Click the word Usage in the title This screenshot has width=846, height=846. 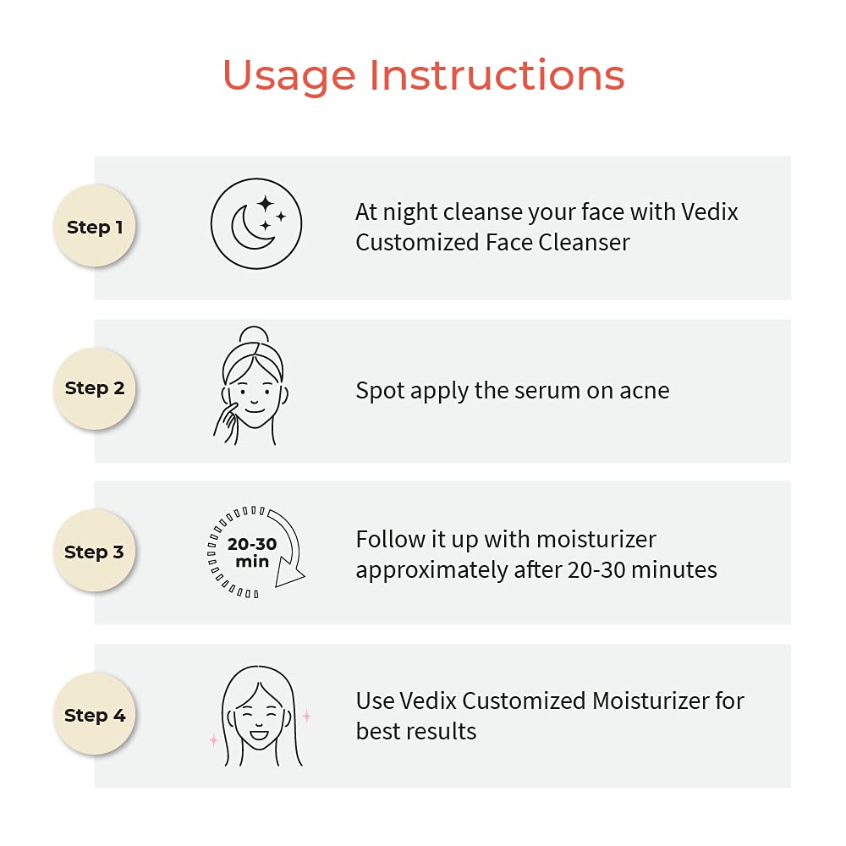(x=288, y=76)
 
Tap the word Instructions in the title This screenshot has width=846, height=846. (x=497, y=74)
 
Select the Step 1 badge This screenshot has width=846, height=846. (x=95, y=226)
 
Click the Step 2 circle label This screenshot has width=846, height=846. (x=95, y=388)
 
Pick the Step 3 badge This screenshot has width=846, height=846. (x=95, y=551)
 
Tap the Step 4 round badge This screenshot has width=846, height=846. (x=95, y=714)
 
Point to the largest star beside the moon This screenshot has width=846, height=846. (x=266, y=204)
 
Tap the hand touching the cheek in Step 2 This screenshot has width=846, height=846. (x=227, y=424)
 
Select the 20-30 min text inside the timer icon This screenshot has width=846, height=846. (x=252, y=552)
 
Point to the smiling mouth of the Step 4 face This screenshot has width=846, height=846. (x=258, y=734)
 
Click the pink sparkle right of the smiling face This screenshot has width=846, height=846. (x=306, y=716)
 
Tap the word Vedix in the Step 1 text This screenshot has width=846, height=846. (x=710, y=212)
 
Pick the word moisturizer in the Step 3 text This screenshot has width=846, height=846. (x=596, y=539)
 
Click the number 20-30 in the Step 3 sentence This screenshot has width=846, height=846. (x=596, y=569)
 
